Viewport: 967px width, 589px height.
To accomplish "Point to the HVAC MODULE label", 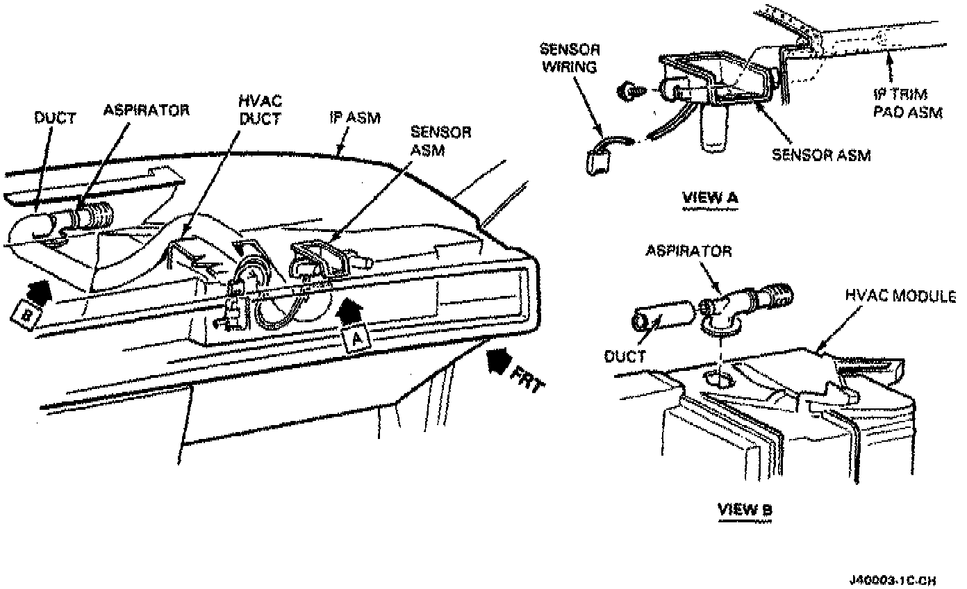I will pyautogui.click(x=901, y=296).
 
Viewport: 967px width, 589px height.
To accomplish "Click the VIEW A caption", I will pyautogui.click(x=710, y=197).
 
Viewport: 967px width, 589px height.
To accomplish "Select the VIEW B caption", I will pyautogui.click(x=744, y=509).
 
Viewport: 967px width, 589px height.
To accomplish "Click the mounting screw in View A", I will pyautogui.click(x=631, y=90).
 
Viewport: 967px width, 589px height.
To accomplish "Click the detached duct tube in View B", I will pyautogui.click(x=661, y=315).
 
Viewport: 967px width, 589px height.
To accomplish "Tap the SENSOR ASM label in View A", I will pyautogui.click(x=821, y=155).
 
